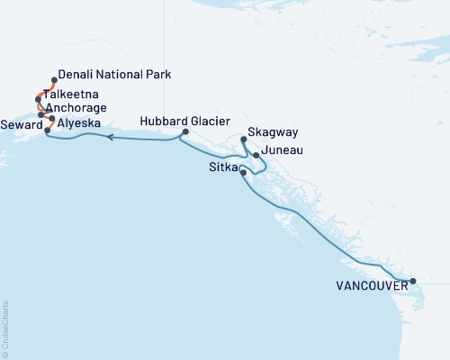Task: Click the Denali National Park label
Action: click(113, 75)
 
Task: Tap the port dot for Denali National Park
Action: click(54, 80)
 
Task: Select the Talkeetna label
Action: click(75, 94)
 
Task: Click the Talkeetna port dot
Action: click(39, 98)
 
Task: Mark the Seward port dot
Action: click(47, 130)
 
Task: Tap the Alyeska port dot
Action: click(51, 119)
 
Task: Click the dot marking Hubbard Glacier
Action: click(184, 132)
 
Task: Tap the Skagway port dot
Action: click(245, 139)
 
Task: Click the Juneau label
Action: click(282, 154)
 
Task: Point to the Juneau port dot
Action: click(256, 156)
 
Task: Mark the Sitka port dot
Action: click(243, 171)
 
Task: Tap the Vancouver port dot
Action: click(413, 282)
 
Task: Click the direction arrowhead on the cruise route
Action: click(109, 138)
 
